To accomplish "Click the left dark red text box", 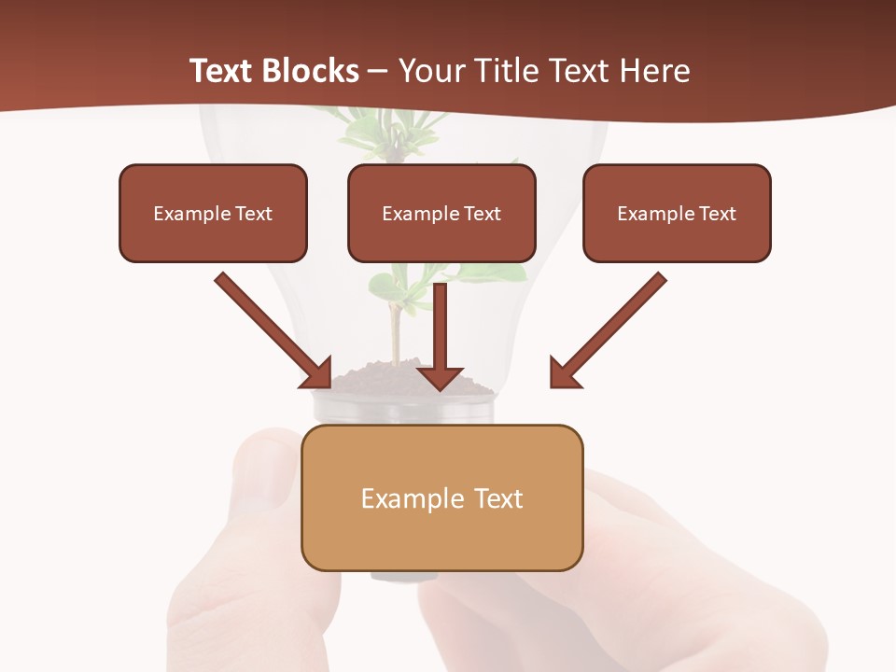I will tap(213, 213).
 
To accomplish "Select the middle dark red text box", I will tap(441, 213).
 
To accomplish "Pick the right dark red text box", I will tap(677, 213).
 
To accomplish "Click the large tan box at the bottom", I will tap(441, 497).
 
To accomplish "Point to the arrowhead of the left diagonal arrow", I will tap(317, 373).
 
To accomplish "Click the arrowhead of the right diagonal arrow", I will tap(564, 373).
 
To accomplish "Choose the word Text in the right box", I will tap(718, 214).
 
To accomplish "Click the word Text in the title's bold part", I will tap(221, 71).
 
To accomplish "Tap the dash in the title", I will tap(378, 72).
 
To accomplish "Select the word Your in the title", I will tap(430, 71).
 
